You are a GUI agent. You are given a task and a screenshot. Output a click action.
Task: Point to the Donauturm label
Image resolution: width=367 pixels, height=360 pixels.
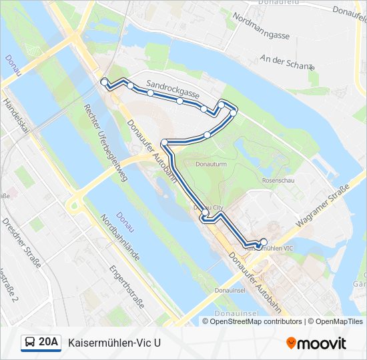(x=212, y=163)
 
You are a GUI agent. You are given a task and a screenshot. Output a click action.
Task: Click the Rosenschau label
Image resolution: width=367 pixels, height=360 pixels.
(x=277, y=180)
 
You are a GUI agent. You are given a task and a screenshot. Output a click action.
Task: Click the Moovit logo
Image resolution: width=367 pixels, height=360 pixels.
(x=316, y=343)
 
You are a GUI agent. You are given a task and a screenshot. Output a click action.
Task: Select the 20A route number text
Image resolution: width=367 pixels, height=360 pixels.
(x=49, y=343)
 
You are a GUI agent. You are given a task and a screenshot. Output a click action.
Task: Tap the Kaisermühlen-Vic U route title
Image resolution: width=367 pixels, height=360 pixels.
(x=114, y=343)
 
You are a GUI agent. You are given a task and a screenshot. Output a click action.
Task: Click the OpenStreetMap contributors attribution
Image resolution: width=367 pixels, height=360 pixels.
(x=256, y=321)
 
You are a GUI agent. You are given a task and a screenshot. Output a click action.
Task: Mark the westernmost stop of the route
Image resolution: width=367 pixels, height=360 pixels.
(x=103, y=81)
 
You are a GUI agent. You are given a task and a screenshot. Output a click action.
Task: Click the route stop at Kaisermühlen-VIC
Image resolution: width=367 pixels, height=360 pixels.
(x=264, y=242)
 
